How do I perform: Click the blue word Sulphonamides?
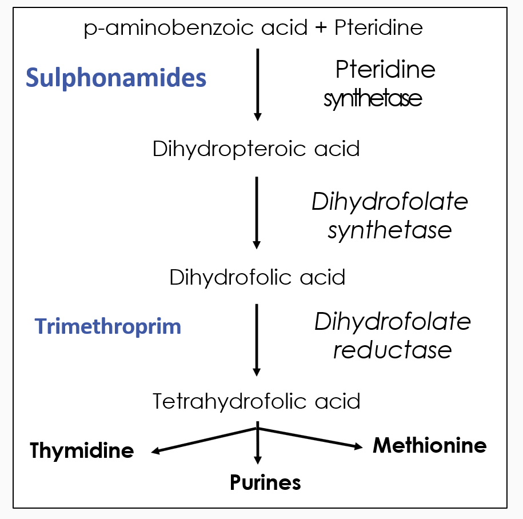[x=116, y=78]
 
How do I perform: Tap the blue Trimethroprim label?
[x=108, y=326]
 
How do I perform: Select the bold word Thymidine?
[x=82, y=450]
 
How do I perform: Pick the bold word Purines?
[x=265, y=482]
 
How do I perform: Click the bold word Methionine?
[x=429, y=445]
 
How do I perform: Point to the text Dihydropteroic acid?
[x=256, y=149]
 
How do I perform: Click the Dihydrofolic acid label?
[x=257, y=278]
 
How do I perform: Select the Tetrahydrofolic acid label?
[x=256, y=401]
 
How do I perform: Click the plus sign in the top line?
[x=322, y=28]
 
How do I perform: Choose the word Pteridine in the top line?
[x=378, y=27]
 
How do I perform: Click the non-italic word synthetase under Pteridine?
[x=373, y=99]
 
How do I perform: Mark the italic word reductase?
[x=392, y=350]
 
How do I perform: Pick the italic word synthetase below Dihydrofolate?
[x=390, y=230]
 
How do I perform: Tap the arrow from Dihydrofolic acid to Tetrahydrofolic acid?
[x=257, y=340]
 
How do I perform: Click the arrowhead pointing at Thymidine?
[x=155, y=452]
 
